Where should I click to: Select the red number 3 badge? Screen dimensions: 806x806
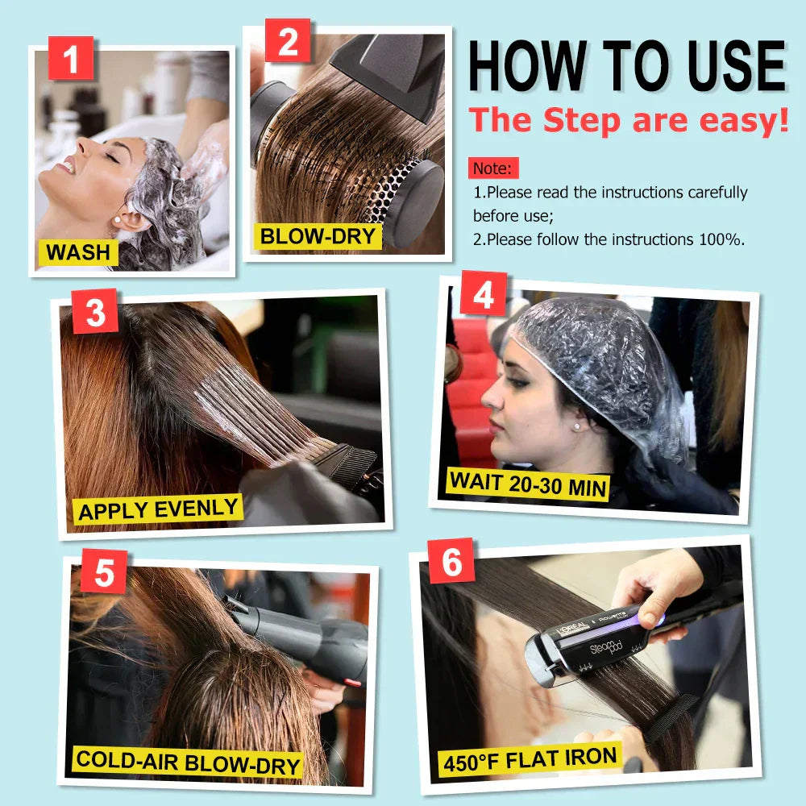[95, 311]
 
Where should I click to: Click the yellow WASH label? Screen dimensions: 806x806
[78, 252]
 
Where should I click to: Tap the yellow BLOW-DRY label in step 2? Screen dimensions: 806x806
[318, 236]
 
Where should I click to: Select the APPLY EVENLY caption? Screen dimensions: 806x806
[158, 509]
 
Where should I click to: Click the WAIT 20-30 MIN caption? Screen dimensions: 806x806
[528, 482]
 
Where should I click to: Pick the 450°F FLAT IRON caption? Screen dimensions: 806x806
[530, 760]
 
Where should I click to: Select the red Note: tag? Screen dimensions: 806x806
[493, 168]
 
